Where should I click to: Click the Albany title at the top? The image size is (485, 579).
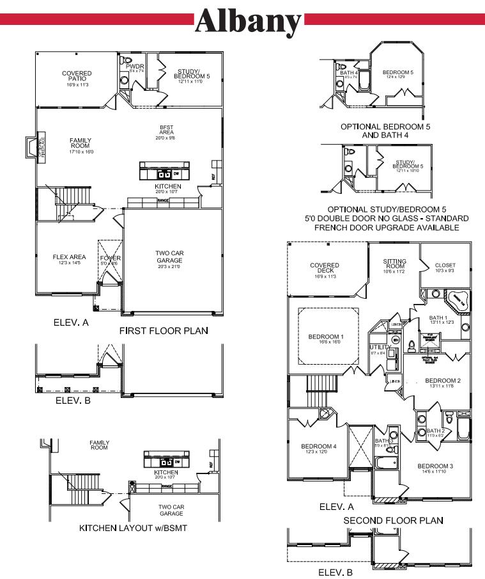[249, 21]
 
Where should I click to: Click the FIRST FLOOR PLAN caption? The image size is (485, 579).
[164, 331]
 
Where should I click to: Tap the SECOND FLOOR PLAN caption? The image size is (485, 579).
[393, 521]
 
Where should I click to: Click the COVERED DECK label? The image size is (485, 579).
[325, 269]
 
